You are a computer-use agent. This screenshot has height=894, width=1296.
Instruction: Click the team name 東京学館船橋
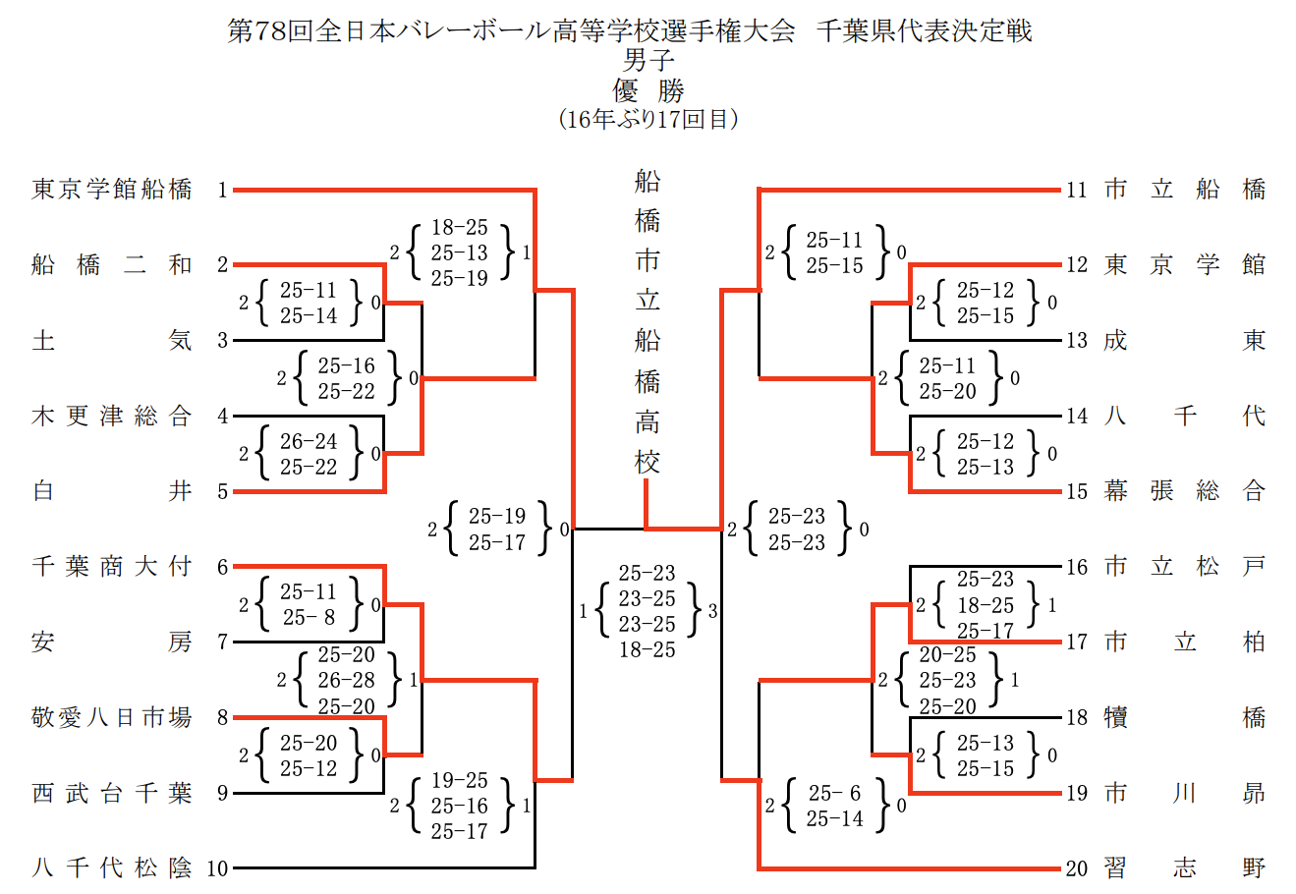click(x=111, y=189)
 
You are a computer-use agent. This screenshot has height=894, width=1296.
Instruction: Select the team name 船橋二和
click(x=111, y=264)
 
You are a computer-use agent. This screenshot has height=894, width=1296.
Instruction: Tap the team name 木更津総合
click(x=111, y=416)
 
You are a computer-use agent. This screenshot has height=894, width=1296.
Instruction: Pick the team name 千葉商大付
click(x=111, y=567)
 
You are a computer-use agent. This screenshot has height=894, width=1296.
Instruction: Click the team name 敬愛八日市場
click(x=111, y=718)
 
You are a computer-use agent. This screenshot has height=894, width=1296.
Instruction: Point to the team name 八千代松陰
click(x=111, y=868)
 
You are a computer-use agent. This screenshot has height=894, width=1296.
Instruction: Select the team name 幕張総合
click(x=1184, y=491)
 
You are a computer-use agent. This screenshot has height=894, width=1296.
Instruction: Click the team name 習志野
click(x=1184, y=868)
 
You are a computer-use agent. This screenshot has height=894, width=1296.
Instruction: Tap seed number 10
click(x=217, y=868)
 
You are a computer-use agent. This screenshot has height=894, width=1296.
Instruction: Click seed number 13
click(x=1077, y=341)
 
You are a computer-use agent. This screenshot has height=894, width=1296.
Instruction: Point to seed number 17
click(x=1077, y=643)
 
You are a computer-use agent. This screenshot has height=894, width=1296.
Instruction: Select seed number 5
click(x=223, y=491)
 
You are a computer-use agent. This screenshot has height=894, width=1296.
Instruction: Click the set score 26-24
click(x=309, y=442)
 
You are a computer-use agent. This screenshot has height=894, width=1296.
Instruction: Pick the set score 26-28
click(x=347, y=680)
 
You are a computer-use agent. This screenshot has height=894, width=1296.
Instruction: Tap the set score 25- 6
click(x=835, y=793)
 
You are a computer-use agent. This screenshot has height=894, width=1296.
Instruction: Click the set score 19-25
click(x=460, y=781)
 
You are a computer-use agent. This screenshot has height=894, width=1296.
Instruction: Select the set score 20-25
click(x=948, y=654)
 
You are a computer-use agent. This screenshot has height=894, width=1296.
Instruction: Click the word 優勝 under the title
click(x=648, y=91)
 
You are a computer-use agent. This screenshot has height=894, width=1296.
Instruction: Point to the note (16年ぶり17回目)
click(x=648, y=120)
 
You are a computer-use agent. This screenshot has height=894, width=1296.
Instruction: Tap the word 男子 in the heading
click(x=648, y=61)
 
